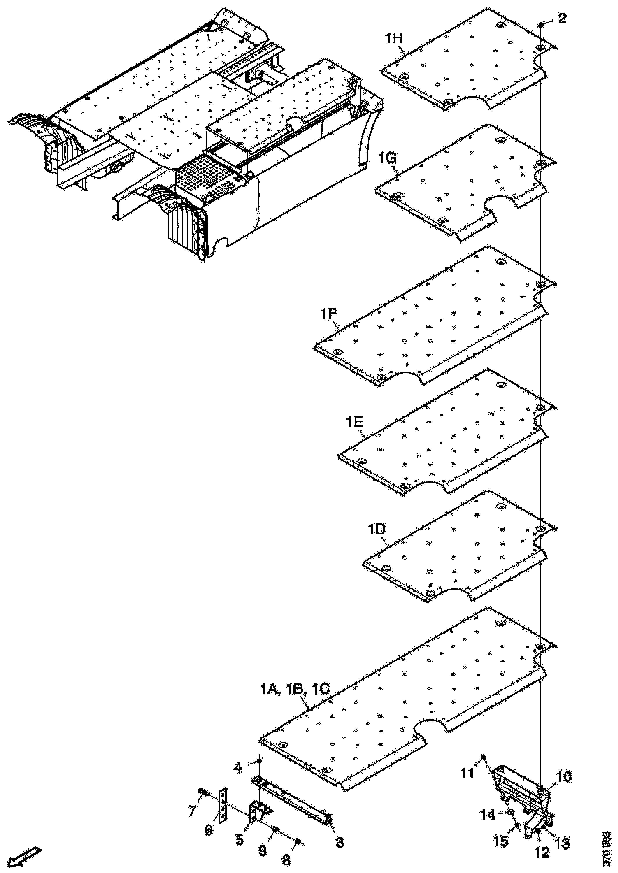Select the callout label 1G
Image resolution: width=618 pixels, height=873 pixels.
pyautogui.click(x=388, y=158)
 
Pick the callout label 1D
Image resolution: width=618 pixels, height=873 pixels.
pyautogui.click(x=377, y=530)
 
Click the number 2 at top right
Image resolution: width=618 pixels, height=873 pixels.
pyautogui.click(x=562, y=18)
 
